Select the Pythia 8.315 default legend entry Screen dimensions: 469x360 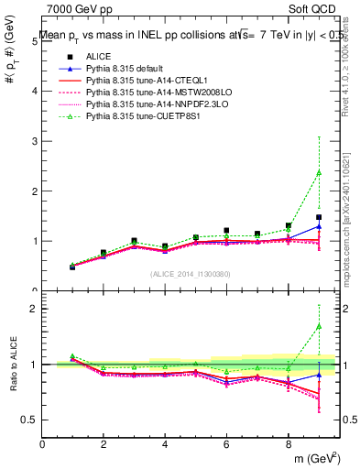[x=122, y=69]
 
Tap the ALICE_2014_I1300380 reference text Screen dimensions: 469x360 [x=191, y=273]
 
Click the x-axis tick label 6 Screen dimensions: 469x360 [x=226, y=444]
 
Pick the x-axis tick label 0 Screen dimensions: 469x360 [x=43, y=444]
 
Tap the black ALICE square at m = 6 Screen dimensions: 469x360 [x=226, y=231]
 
